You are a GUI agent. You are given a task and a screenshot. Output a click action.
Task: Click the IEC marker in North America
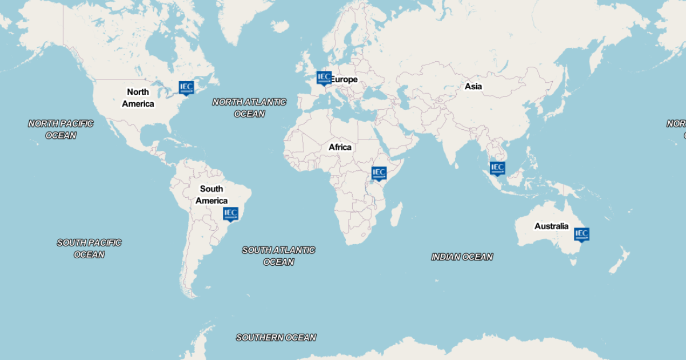click(x=186, y=87)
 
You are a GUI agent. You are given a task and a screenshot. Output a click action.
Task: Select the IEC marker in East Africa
click(x=379, y=173)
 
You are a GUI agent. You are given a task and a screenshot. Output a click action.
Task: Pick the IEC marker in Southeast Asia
click(x=497, y=167)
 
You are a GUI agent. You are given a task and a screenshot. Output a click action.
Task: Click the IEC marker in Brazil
click(x=230, y=214)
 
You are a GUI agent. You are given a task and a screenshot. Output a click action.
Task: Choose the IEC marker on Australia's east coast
click(x=581, y=234)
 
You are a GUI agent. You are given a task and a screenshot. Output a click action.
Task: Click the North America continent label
click(x=138, y=98)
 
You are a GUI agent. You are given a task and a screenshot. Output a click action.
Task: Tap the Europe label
click(x=345, y=79)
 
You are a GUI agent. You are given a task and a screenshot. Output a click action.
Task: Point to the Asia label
click(x=473, y=86)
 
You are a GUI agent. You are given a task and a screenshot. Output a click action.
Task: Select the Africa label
click(x=340, y=147)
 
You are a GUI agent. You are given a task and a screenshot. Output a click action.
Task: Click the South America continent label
click(x=212, y=195)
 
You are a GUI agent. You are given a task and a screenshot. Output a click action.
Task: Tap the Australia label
click(x=551, y=226)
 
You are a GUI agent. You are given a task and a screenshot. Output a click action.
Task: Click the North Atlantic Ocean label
click(x=249, y=108)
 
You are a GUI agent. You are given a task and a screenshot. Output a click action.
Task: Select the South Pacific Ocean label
click(x=89, y=249)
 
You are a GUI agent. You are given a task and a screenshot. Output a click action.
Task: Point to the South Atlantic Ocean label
click(x=278, y=256)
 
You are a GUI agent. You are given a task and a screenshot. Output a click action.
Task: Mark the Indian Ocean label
click(x=462, y=257)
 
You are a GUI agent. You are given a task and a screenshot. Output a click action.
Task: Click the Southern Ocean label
click(x=276, y=338)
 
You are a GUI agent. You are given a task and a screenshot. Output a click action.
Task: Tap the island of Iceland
click(x=280, y=26)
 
